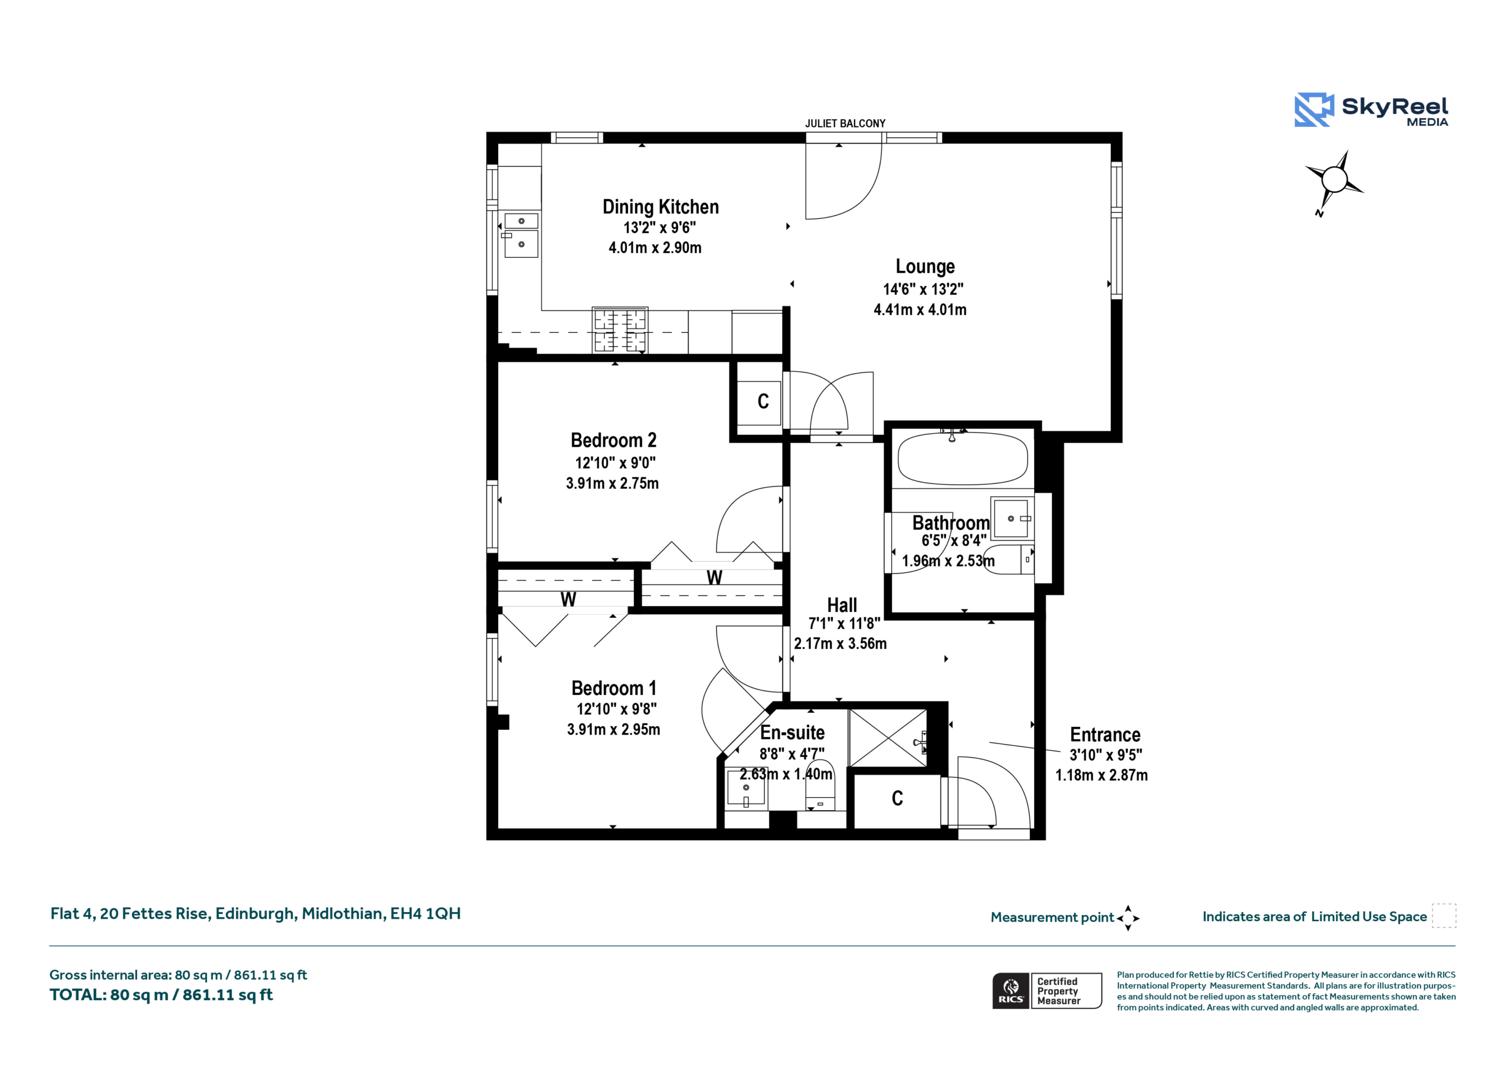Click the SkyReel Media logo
pyautogui.click(x=1372, y=109)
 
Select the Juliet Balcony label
pyautogui.click(x=845, y=124)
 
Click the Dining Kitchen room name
pyautogui.click(x=660, y=207)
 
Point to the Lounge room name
pyautogui.click(x=925, y=267)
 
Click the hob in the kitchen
pyautogui.click(x=620, y=330)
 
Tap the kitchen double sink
pyautogui.click(x=521, y=234)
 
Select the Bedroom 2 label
pyautogui.click(x=613, y=440)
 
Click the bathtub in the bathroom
pyautogui.click(x=962, y=458)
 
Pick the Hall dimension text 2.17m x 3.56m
pyautogui.click(x=840, y=644)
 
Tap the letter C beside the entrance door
pyautogui.click(x=897, y=798)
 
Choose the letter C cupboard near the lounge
pyautogui.click(x=763, y=401)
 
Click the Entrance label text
pyautogui.click(x=1105, y=735)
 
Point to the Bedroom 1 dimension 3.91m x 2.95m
pyautogui.click(x=613, y=729)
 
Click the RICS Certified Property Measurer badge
pyautogui.click(x=1047, y=990)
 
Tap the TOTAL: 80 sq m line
pyautogui.click(x=161, y=994)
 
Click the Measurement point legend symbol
pyautogui.click(x=1128, y=918)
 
